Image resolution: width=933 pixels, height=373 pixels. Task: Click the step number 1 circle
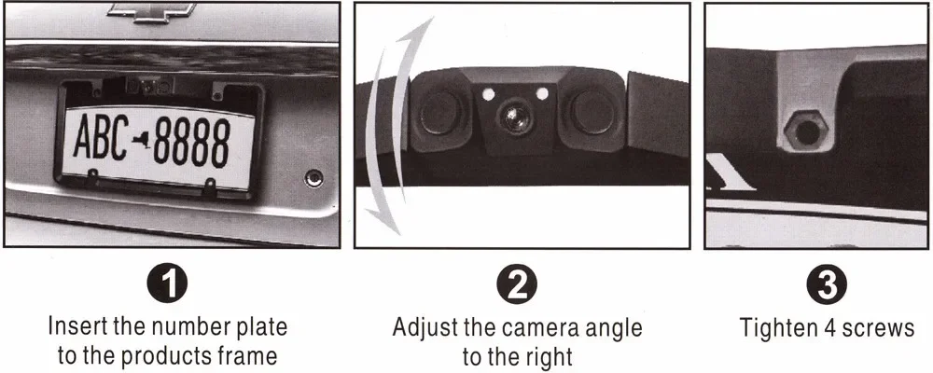click(x=168, y=285)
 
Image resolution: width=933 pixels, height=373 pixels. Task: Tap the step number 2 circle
click(x=517, y=285)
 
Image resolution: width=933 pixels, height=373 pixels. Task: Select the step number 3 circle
click(x=827, y=285)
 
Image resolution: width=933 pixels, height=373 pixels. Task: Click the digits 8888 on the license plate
click(x=191, y=143)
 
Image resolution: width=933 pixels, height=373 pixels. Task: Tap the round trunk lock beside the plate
click(x=313, y=178)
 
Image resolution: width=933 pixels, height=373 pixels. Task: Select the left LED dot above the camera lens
click(x=489, y=94)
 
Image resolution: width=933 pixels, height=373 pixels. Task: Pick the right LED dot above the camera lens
click(x=542, y=93)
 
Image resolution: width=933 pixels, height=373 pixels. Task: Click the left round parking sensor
click(x=439, y=112)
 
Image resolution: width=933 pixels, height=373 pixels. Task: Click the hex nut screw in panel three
click(x=806, y=131)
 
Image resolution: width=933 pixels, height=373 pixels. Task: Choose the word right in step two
click(x=543, y=358)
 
